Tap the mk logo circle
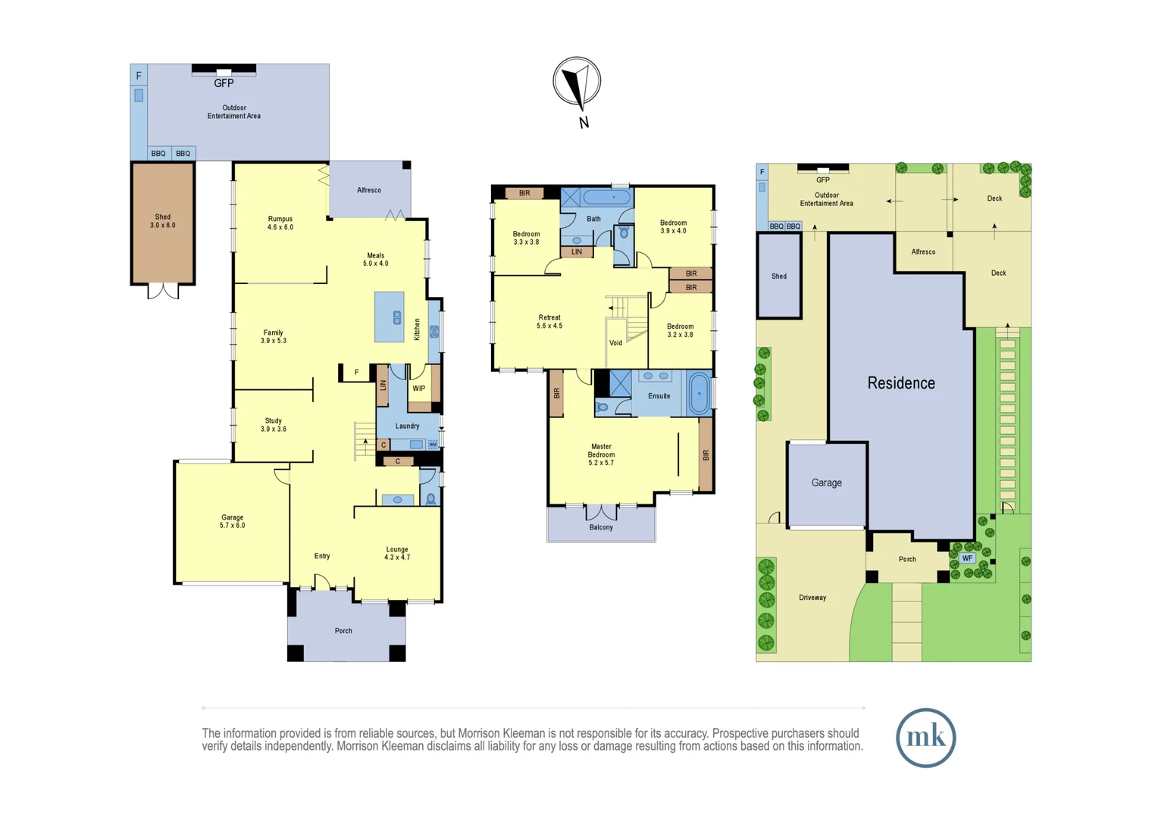point(925,738)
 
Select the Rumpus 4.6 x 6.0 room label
point(280,223)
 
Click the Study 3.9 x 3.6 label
point(273,425)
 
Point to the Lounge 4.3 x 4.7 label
point(397,553)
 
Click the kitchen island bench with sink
point(390,317)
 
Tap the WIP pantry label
point(418,389)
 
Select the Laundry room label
point(407,426)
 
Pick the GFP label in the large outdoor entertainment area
point(224,83)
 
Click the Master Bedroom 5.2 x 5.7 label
point(601,454)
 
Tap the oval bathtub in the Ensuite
point(699,393)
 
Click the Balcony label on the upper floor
point(601,527)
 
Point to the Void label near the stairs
point(615,343)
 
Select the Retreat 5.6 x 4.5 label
point(549,322)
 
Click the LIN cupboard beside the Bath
point(577,251)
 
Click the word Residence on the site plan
point(901,383)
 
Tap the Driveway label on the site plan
point(812,598)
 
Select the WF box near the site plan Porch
point(967,558)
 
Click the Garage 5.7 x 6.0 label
point(232,521)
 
